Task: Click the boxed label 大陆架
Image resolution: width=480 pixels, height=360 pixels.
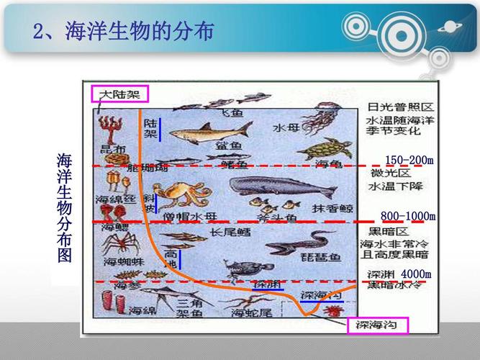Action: click(119, 94)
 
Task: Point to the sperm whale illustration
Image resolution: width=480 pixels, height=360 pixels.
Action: click(281, 189)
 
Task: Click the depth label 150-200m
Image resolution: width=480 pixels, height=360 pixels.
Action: click(409, 160)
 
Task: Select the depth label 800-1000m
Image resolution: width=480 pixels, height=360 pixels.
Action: click(408, 216)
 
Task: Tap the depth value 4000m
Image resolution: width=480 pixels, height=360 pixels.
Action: click(416, 274)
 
